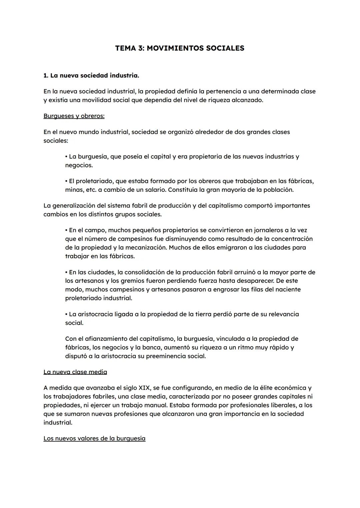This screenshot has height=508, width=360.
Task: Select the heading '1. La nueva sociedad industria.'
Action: coord(91,76)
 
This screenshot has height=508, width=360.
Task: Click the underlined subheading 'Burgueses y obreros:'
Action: coord(74,116)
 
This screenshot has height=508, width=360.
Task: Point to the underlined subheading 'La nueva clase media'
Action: coord(75,372)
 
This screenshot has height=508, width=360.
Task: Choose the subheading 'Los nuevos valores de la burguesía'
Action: coord(94,438)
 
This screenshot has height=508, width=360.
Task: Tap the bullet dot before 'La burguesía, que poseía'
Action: coord(66,157)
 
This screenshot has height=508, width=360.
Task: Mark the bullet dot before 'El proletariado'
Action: coord(66,181)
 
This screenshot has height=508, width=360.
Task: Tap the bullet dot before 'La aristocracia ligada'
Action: coord(66,314)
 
